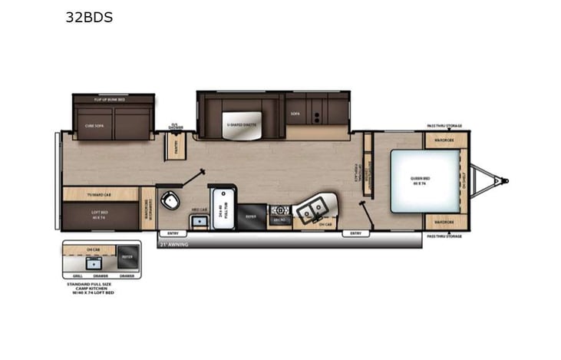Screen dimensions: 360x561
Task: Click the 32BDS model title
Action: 89,17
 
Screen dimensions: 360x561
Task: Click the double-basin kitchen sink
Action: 313,208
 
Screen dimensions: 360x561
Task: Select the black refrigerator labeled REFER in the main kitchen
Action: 252,217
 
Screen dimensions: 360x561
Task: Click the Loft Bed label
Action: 98,216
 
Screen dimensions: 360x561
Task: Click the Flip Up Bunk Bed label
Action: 111,100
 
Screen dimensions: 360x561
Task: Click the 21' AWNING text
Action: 174,245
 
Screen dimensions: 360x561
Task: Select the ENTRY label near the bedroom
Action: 355,233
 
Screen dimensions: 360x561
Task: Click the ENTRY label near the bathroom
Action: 172,233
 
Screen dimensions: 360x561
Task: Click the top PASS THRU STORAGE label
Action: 444,126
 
